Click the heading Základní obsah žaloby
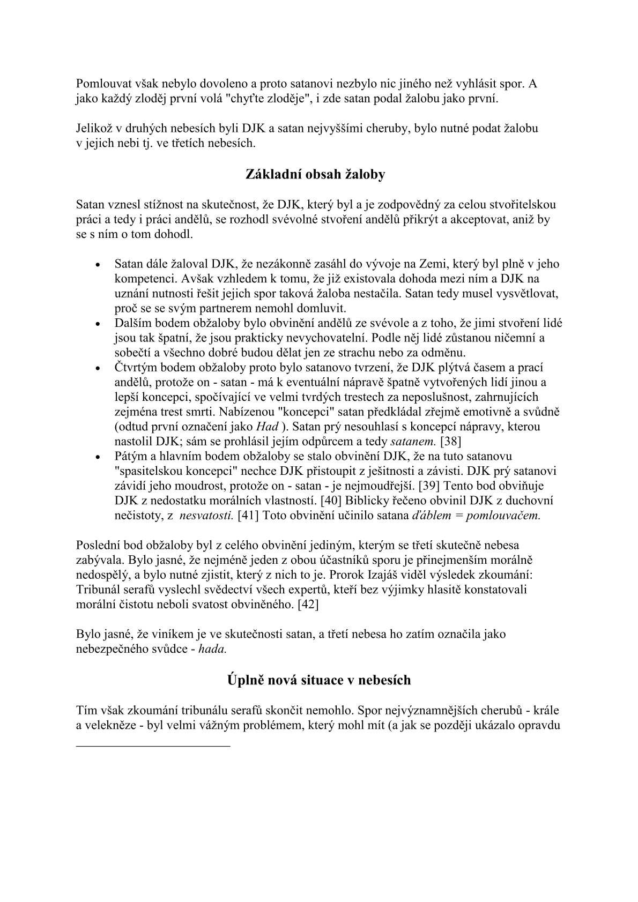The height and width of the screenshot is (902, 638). coord(315,175)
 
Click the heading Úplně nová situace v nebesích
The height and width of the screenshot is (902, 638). coord(318,680)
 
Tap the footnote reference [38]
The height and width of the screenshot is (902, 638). coord(451,442)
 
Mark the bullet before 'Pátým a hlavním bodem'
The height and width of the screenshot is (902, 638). coord(97,457)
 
